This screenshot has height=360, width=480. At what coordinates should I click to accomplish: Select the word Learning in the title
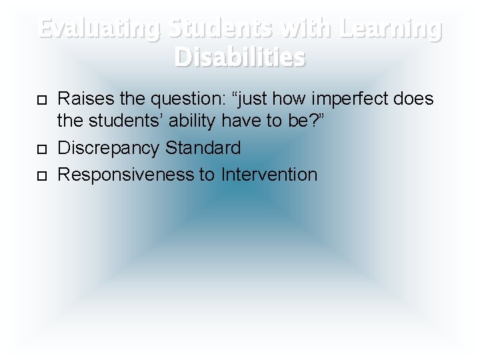click(x=391, y=29)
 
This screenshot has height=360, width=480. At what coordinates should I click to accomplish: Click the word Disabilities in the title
click(x=240, y=57)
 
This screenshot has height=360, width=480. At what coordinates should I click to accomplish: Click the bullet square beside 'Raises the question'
click(x=41, y=100)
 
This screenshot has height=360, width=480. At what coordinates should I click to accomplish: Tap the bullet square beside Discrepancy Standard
click(x=41, y=148)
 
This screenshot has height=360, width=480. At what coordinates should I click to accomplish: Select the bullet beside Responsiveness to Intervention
click(x=41, y=175)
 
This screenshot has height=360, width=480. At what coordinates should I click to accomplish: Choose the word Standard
click(x=203, y=147)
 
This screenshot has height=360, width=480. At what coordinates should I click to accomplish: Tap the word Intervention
click(x=269, y=175)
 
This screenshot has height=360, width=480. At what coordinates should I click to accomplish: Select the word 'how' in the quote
click(x=271, y=99)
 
